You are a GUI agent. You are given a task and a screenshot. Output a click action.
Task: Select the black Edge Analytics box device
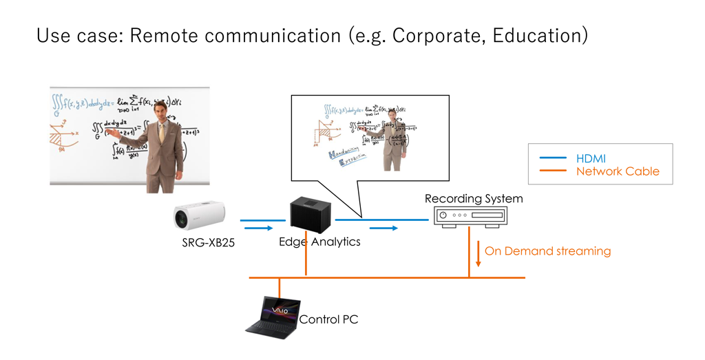point(310,214)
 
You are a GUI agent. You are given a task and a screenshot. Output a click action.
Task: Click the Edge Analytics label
point(319,242)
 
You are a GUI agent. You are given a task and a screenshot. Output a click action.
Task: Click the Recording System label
point(474,199)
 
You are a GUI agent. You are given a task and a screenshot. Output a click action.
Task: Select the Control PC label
point(328,319)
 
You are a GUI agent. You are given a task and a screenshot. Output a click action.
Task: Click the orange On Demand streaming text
point(547,251)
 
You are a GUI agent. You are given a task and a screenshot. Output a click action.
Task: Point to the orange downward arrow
point(477,253)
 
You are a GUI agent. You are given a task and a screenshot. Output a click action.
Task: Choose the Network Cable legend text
point(618,171)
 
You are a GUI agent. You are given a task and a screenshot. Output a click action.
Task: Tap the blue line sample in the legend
point(551,158)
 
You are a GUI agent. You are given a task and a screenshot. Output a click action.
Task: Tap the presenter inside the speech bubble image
point(395,138)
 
